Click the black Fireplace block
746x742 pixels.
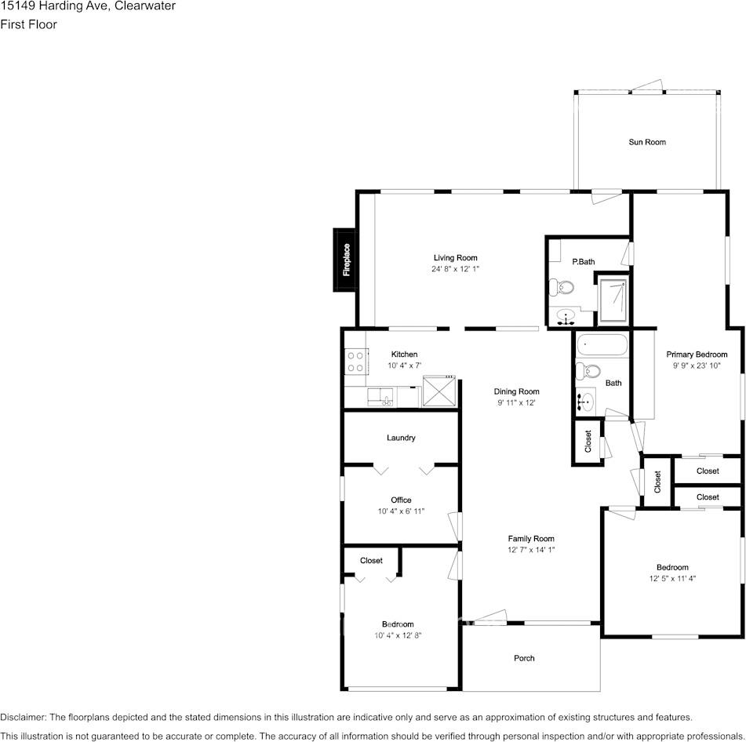coord(345,260)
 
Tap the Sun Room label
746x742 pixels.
coord(647,142)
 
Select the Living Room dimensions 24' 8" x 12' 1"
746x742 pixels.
coord(455,269)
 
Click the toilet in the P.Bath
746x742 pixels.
coord(562,287)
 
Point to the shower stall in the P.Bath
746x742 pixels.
coord(613,300)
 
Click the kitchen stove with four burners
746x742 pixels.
coord(356,361)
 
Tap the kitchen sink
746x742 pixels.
coord(380,397)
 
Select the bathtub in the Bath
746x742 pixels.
coord(602,345)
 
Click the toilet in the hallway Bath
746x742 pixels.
coord(588,370)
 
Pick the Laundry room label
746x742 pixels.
coord(401,438)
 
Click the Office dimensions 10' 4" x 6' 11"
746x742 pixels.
coord(401,511)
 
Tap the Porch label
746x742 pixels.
coord(524,658)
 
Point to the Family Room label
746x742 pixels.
coord(531,539)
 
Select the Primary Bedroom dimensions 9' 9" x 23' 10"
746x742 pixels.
coord(697,366)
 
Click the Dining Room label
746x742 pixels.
coord(517,392)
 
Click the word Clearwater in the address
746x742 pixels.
coord(145,6)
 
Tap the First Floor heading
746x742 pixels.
coord(28,25)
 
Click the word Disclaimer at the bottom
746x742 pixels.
coord(23,717)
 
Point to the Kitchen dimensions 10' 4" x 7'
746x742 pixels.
coord(405,366)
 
